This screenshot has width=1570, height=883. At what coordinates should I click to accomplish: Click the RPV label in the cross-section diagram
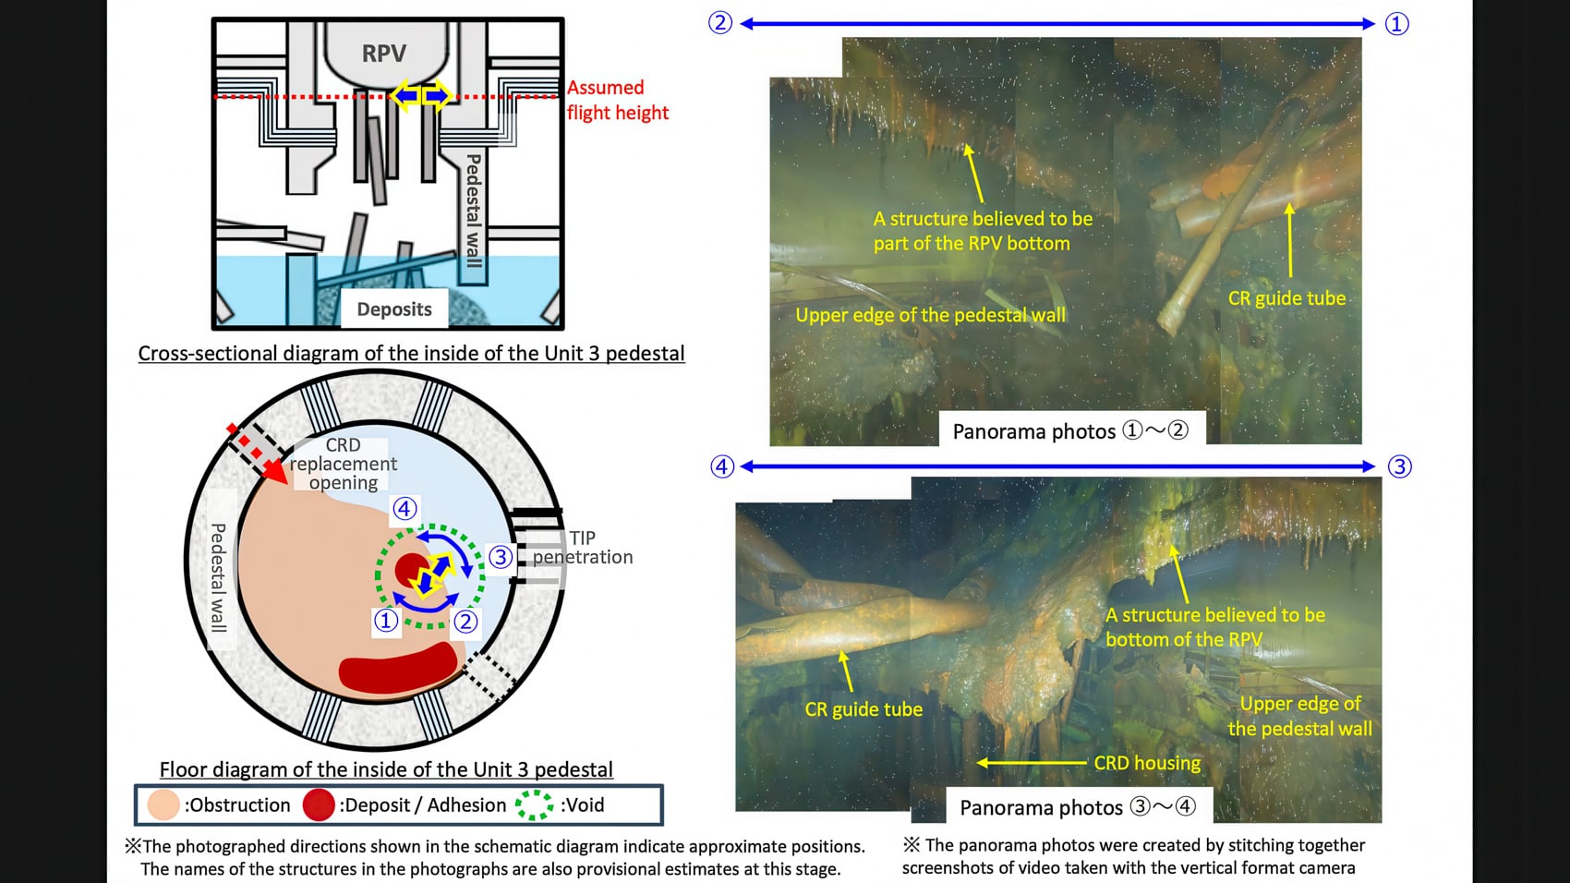[383, 54]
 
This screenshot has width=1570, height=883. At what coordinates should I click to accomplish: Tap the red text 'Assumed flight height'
[617, 100]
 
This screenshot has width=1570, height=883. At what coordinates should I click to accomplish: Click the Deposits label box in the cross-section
[394, 309]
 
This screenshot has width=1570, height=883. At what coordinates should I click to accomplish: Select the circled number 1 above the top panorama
[1396, 24]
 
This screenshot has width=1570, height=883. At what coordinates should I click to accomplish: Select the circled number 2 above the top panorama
[720, 23]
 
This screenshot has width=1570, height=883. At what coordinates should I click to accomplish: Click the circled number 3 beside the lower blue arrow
[1399, 466]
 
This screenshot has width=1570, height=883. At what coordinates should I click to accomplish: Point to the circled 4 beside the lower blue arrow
[722, 466]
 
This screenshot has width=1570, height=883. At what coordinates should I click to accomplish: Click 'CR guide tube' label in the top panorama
[1286, 298]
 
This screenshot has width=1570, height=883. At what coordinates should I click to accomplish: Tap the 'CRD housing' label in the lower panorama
[1147, 763]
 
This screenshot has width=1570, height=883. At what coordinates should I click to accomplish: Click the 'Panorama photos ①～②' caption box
[1070, 430]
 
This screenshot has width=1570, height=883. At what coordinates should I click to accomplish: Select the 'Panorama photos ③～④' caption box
[1077, 806]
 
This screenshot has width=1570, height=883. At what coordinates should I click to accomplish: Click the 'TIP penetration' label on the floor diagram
[583, 548]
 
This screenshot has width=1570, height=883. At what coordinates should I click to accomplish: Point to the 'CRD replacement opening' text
[344, 464]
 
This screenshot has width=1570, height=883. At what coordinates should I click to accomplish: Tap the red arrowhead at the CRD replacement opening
[275, 471]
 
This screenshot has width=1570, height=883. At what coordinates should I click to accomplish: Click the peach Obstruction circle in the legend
[163, 805]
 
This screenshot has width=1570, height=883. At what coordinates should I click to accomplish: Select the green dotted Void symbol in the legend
[534, 805]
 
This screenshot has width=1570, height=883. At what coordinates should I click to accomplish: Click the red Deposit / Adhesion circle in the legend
[318, 805]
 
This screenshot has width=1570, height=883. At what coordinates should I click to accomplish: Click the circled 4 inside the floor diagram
[405, 509]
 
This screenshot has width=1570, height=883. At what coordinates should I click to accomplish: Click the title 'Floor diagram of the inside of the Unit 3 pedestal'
[386, 769]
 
